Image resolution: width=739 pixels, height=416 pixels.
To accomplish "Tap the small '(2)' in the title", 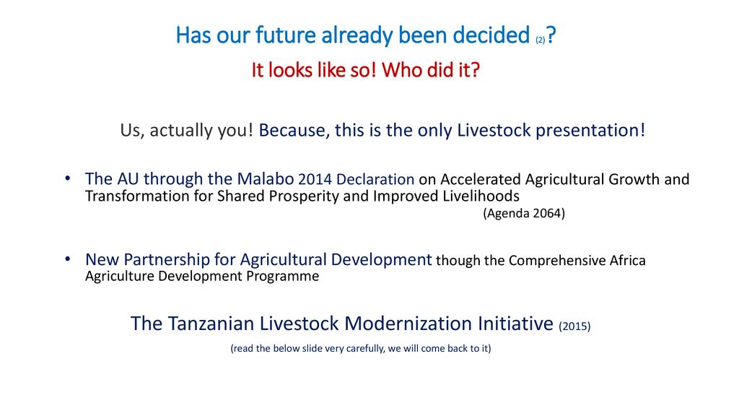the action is pos(540,40).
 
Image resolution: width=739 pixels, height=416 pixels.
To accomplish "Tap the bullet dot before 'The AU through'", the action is pos(68,178).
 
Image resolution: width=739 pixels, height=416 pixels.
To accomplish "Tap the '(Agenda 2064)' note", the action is pos(524,213).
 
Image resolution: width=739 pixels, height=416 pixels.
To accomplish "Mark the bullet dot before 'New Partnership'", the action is pos(68,259).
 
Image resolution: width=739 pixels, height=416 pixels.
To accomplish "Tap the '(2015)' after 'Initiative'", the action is pos(574,326).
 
